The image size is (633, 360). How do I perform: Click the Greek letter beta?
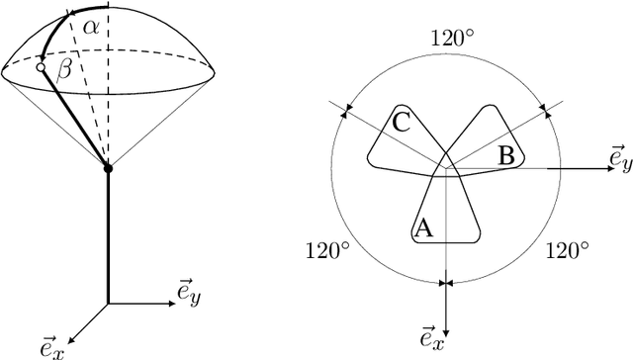click(65, 69)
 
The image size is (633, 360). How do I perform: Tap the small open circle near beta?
click(42, 67)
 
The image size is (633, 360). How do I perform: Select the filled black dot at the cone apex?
click(108, 169)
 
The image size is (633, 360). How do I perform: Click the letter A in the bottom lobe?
click(422, 227)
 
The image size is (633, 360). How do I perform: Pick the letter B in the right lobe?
click(504, 155)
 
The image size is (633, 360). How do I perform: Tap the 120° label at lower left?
click(327, 249)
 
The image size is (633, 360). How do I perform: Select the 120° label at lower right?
click(569, 249)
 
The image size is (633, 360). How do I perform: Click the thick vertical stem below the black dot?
click(108, 237)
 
